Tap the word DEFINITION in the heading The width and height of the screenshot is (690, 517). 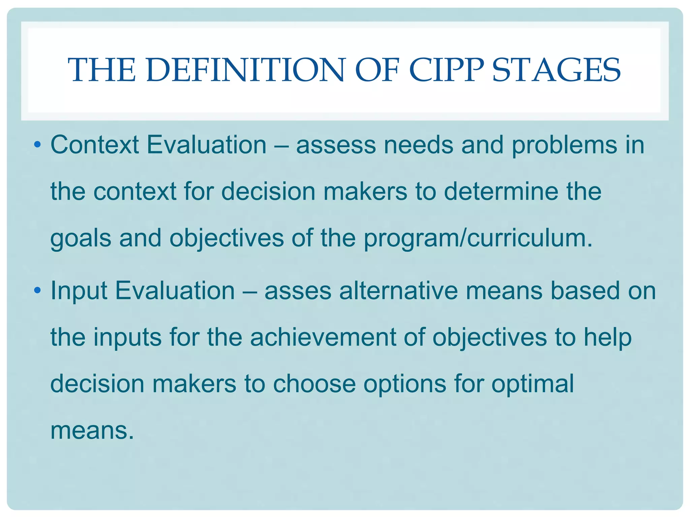(x=246, y=70)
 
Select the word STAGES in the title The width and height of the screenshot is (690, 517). (x=556, y=70)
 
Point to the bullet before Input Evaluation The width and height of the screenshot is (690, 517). (x=37, y=290)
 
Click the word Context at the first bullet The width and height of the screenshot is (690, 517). (x=95, y=145)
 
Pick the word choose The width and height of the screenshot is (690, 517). (x=314, y=384)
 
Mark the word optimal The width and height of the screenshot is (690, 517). (x=532, y=384)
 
